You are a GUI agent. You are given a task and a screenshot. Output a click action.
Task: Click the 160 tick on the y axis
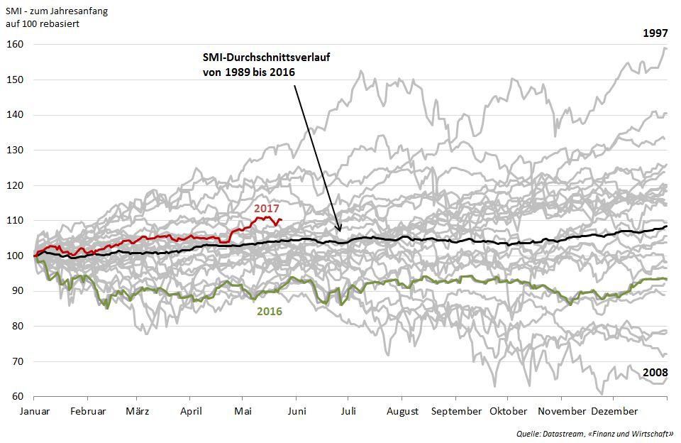coord(15,45)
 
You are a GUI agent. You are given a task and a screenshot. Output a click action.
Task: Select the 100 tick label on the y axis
coord(15,256)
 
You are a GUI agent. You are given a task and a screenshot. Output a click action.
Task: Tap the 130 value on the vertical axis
coord(15,151)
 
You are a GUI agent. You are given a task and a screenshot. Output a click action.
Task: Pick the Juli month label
coord(349,412)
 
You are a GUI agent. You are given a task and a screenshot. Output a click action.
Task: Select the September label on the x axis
coord(456,412)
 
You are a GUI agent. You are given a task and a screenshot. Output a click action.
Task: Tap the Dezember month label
coord(614,412)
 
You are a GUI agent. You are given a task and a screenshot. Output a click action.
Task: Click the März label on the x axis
coord(137,412)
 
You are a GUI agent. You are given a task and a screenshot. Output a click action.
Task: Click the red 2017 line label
coord(267,209)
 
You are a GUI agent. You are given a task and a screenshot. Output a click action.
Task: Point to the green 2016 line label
coord(270,312)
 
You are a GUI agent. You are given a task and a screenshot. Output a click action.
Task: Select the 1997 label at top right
coord(655,33)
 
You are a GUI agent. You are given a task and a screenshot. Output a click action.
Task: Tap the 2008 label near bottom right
coord(655,372)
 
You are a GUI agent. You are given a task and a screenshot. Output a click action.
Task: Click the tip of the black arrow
coord(340,232)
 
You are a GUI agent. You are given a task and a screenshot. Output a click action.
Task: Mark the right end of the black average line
coord(667,226)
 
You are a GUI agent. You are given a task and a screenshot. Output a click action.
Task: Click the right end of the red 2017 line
coord(282,220)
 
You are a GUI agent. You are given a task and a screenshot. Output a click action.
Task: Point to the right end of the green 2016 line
coord(667,279)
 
